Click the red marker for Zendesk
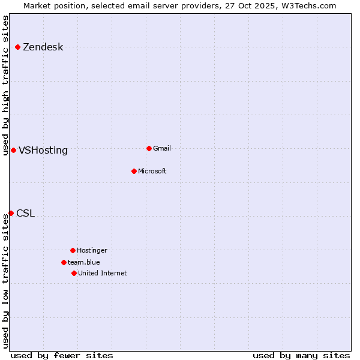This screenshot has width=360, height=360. [x=17, y=47]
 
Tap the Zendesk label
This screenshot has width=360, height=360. [x=43, y=47]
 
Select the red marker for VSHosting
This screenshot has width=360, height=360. [x=13, y=150]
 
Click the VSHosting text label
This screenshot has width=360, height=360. [x=43, y=151]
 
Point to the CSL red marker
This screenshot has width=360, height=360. [x=11, y=213]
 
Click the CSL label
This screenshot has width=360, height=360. [x=25, y=214]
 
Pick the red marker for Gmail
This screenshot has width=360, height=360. [x=149, y=148]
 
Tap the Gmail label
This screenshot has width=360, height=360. [x=162, y=149]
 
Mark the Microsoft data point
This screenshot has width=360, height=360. [x=134, y=171]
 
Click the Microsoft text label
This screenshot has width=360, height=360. [x=152, y=172]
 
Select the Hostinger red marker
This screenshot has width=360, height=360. [x=73, y=250]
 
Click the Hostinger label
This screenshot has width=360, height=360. [x=92, y=251]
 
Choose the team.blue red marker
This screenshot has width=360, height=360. [x=64, y=262]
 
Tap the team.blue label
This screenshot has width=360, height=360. [x=83, y=263]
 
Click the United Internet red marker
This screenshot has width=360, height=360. [x=74, y=273]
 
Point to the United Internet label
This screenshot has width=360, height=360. [x=102, y=274]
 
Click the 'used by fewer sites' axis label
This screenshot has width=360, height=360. [x=62, y=355]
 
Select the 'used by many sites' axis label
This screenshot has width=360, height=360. [x=301, y=355]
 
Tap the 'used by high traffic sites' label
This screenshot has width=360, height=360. [x=5, y=85]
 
